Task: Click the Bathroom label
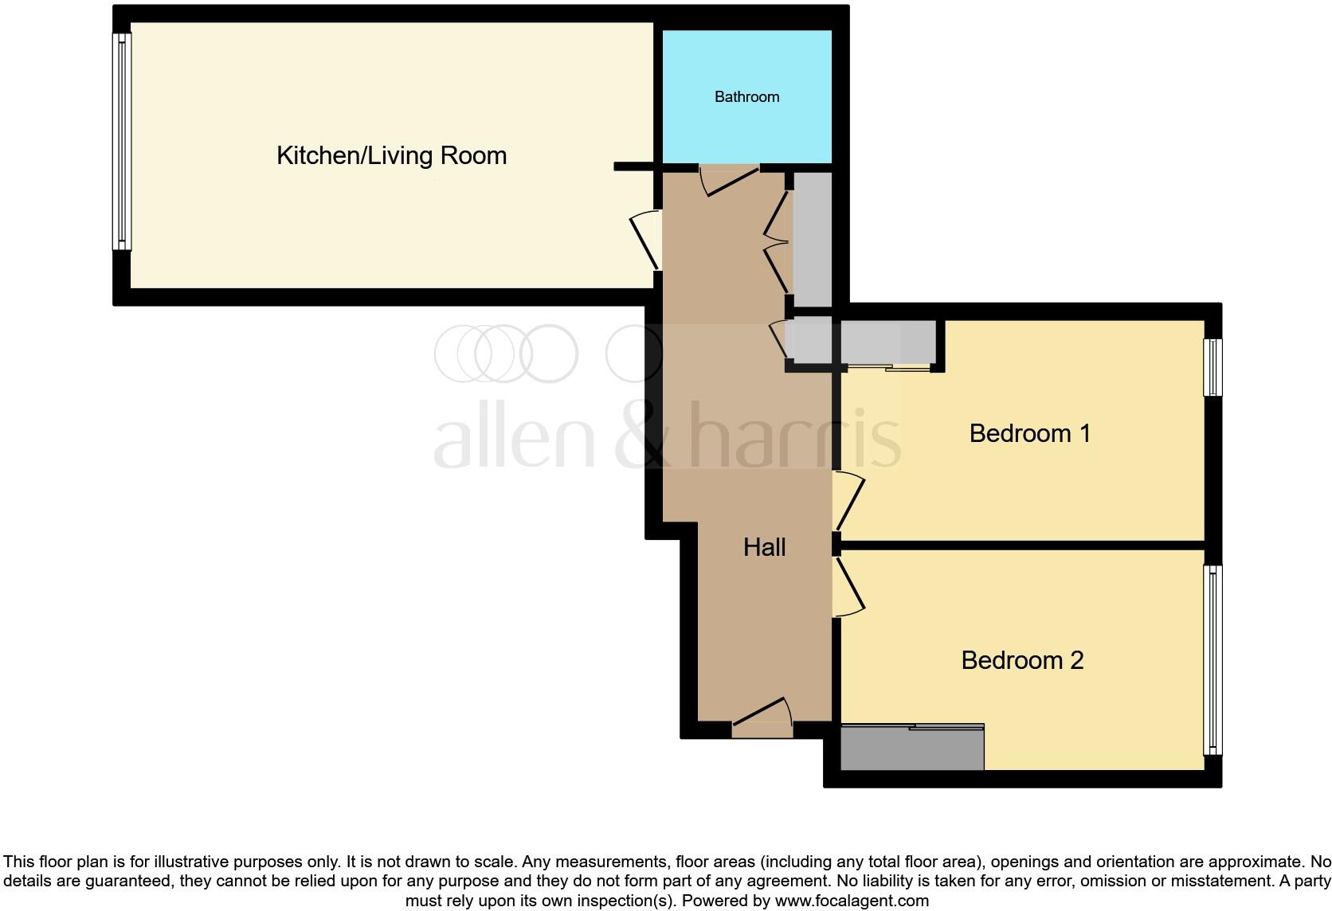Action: pyautogui.click(x=746, y=97)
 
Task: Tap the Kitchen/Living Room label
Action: pyautogui.click(x=391, y=155)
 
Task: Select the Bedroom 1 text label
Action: pyautogui.click(x=1029, y=433)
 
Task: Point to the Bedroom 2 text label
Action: pyautogui.click(x=1022, y=660)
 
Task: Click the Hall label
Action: pyautogui.click(x=764, y=547)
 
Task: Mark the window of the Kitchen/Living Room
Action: pyautogui.click(x=122, y=141)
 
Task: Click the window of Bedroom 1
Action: pyautogui.click(x=1213, y=367)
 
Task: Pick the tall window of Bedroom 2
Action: pyautogui.click(x=1213, y=659)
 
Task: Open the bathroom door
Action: pyautogui.click(x=729, y=178)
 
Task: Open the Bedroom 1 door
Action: pyautogui.click(x=849, y=501)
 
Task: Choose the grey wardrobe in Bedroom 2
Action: pyautogui.click(x=912, y=749)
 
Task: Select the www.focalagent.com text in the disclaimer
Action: pyautogui.click(x=852, y=901)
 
